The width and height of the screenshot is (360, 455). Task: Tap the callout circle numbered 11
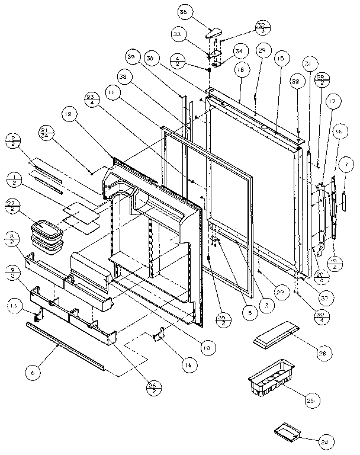[111, 93]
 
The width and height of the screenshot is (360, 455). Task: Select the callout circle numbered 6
[34, 373]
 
